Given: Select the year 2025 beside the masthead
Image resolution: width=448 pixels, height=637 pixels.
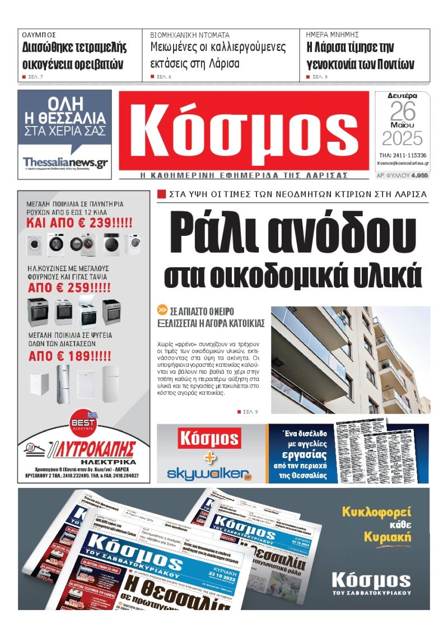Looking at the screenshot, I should point(403,138).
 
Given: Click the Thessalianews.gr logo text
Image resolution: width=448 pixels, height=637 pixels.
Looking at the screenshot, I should point(65,162).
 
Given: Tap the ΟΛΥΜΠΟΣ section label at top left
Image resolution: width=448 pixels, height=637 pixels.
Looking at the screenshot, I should point(39,35).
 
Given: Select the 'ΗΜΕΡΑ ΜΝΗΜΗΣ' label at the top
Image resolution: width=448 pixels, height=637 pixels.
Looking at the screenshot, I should point(333,35).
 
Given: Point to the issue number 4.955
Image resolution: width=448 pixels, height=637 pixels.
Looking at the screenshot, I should point(419,175).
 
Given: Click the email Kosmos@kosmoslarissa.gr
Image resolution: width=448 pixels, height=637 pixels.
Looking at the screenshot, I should point(403,163).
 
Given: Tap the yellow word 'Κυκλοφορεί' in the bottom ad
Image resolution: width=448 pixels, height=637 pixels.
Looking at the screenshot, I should point(376,512).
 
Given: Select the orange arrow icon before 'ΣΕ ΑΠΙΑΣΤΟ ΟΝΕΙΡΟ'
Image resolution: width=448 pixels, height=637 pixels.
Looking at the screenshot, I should point(162,310).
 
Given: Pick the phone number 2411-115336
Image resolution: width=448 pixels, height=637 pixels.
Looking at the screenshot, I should point(410,155).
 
